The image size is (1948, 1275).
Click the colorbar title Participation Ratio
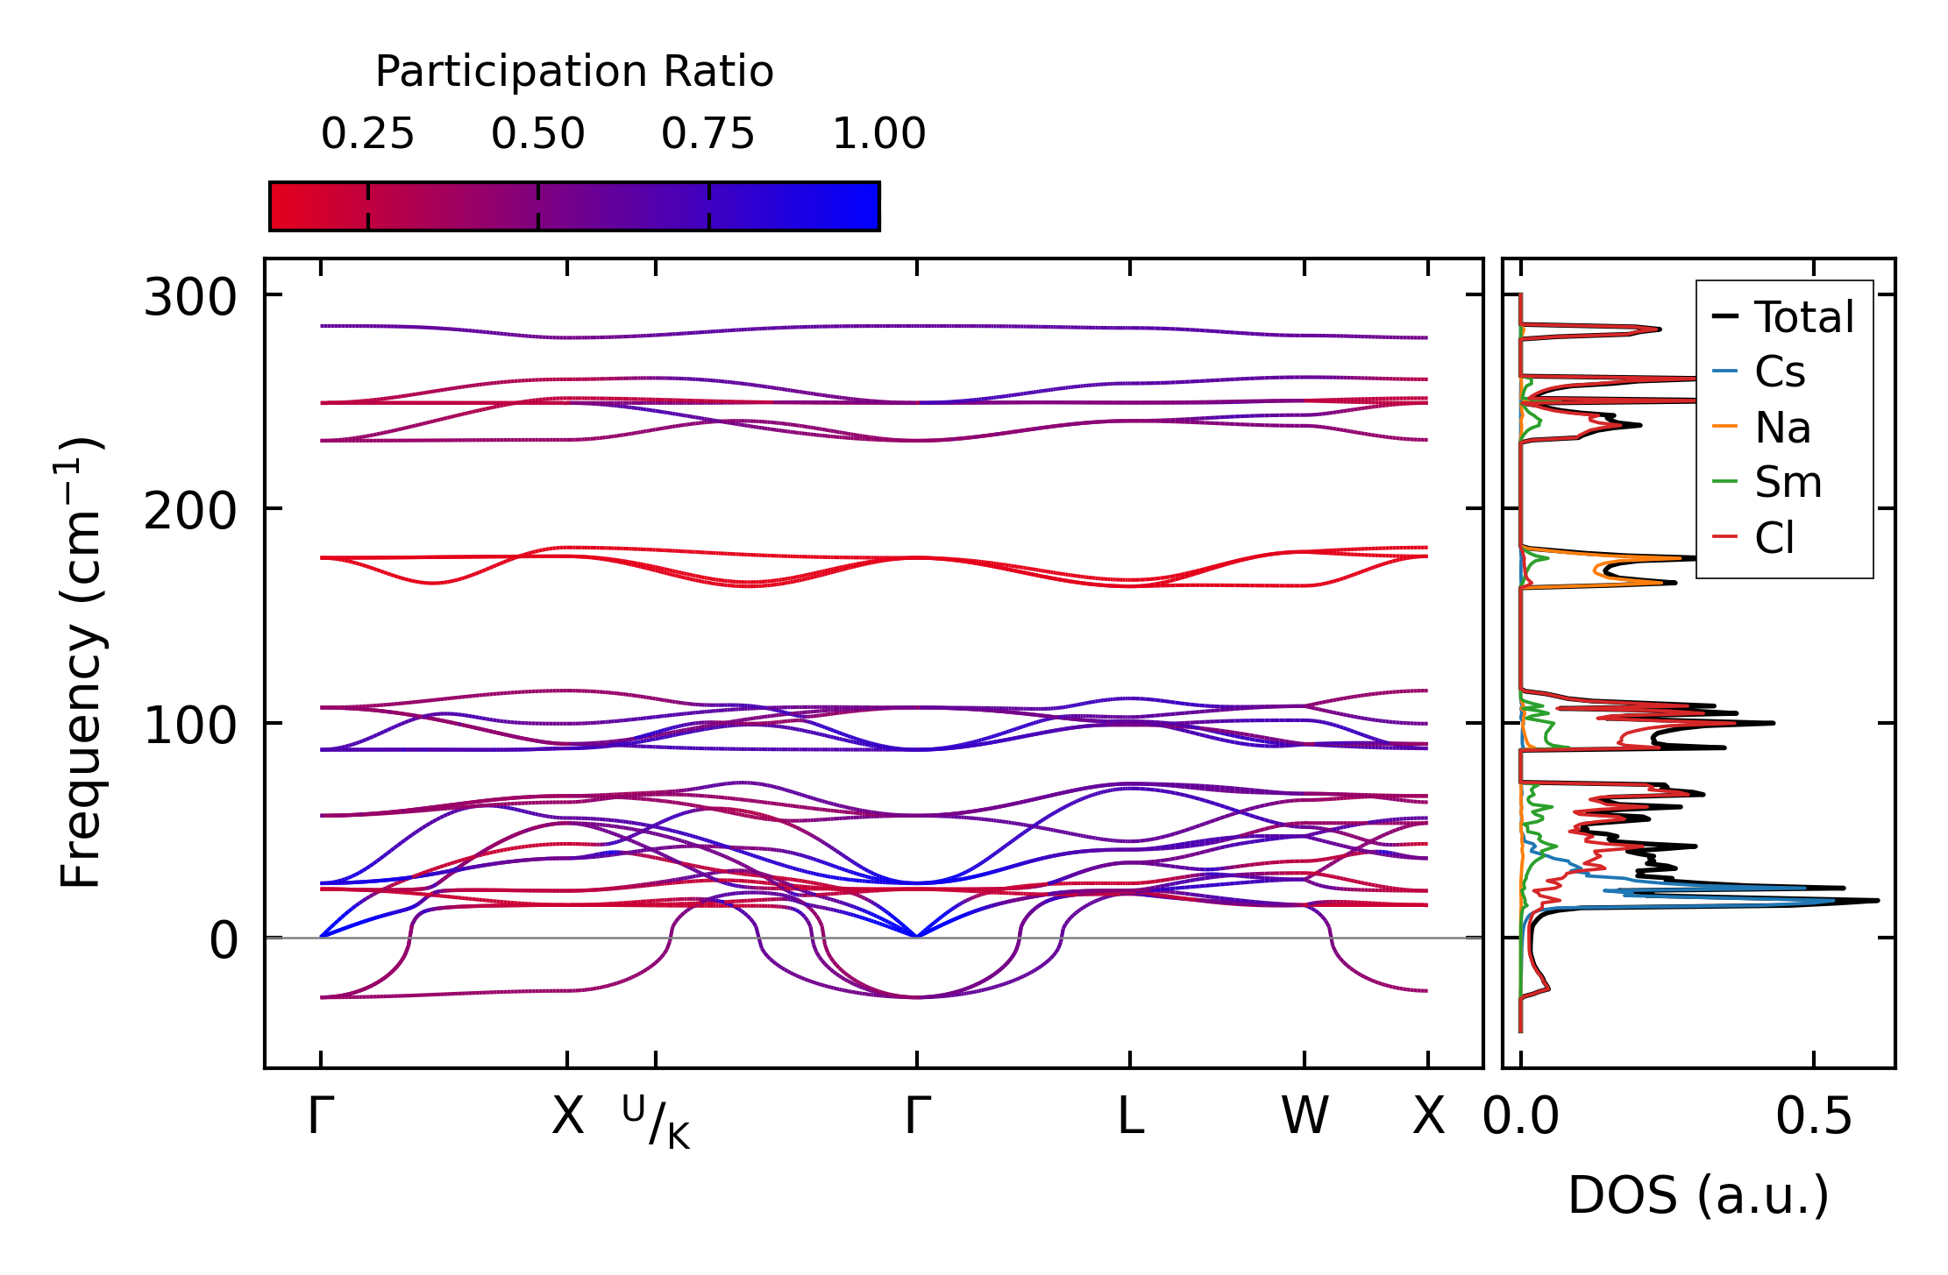(x=574, y=72)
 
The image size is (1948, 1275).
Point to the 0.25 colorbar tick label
(x=367, y=134)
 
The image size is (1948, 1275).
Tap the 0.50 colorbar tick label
(x=537, y=134)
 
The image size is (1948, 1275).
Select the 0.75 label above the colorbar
(x=707, y=134)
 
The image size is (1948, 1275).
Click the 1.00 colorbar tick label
(x=878, y=134)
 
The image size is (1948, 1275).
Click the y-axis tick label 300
(x=190, y=298)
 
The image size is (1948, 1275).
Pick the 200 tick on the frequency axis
(x=190, y=512)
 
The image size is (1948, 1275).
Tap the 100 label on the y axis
(x=190, y=726)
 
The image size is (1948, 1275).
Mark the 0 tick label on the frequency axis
(x=223, y=941)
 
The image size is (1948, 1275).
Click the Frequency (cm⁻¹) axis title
(x=81, y=662)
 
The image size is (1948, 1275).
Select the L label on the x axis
(x=1131, y=1116)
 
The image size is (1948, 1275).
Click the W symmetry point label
(x=1305, y=1116)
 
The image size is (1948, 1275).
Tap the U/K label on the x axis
(x=656, y=1122)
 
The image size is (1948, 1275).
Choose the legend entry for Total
(x=1784, y=317)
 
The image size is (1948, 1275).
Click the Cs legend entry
(x=1759, y=372)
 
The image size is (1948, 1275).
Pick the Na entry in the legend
(x=1761, y=428)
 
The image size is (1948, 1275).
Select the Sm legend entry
(x=1767, y=482)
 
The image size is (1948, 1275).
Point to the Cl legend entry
(x=1753, y=537)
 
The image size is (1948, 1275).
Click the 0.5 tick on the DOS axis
(x=1813, y=1116)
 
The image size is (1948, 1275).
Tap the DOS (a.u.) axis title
(x=1698, y=1195)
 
